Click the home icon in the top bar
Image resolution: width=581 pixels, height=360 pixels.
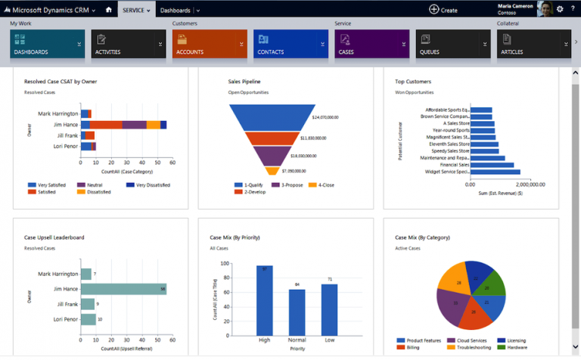(109, 9)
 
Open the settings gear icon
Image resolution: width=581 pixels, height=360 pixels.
(560, 9)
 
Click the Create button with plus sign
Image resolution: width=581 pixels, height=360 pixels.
(443, 9)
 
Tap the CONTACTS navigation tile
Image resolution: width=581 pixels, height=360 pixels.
(287, 45)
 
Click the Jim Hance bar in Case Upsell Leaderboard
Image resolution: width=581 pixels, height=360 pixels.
(123, 289)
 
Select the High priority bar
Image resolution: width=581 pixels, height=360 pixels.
(264, 299)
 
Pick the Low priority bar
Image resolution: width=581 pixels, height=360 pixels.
(329, 309)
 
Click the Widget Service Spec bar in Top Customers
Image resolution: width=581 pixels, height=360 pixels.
(495, 172)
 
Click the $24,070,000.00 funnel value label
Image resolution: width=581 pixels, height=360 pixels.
(325, 118)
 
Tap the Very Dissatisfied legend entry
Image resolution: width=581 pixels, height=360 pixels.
(148, 185)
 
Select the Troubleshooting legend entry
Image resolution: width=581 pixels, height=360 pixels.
(473, 348)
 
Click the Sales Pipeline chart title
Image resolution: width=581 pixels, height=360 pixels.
(244, 81)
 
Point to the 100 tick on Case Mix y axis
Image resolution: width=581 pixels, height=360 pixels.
(224, 264)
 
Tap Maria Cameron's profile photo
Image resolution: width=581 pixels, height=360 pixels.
(544, 9)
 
